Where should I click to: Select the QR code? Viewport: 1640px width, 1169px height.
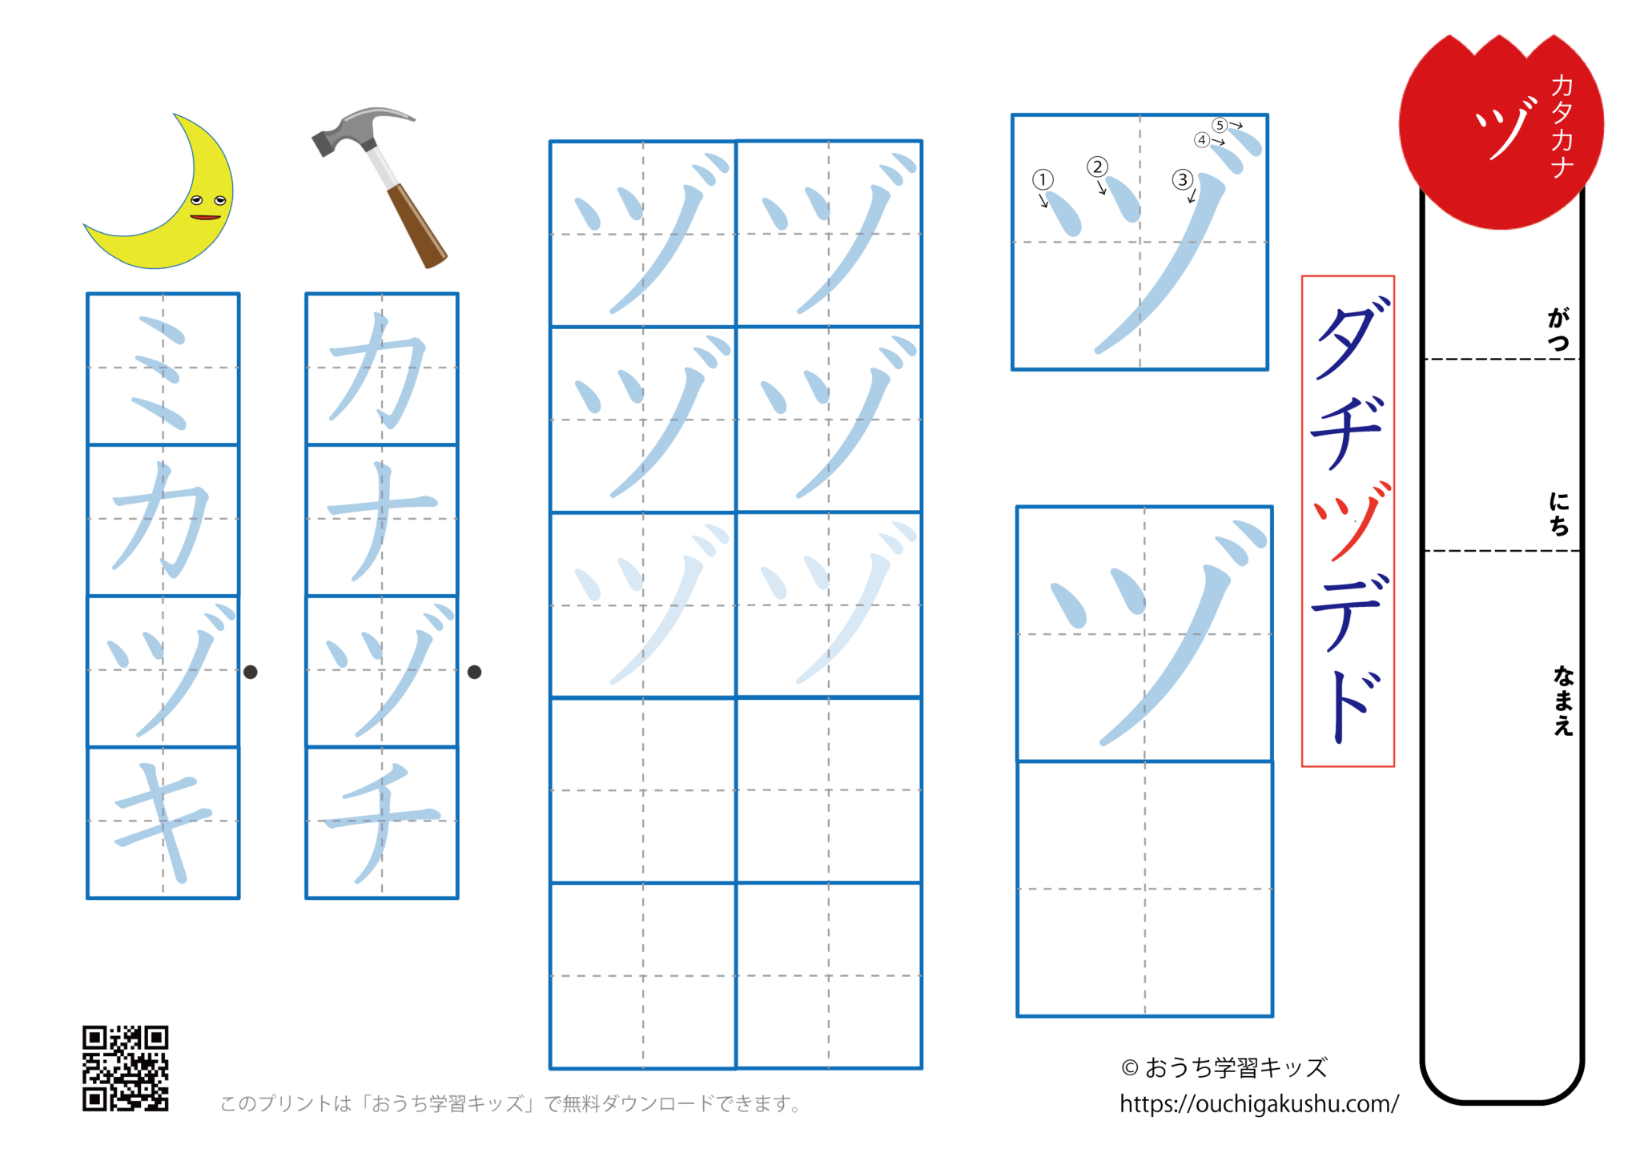[126, 1068]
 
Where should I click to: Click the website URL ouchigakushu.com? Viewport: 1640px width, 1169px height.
[1259, 1104]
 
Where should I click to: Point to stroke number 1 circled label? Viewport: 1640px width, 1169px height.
[1043, 179]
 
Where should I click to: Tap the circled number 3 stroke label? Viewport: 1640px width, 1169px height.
[1183, 179]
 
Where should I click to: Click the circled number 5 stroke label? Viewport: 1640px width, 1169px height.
[1220, 125]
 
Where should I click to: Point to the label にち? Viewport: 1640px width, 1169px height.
[1558, 514]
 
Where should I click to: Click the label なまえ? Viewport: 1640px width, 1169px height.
[1562, 701]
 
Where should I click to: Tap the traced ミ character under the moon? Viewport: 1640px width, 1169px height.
[163, 370]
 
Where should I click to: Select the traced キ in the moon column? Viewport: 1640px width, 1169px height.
[163, 822]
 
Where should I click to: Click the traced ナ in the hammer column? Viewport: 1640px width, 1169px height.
[382, 520]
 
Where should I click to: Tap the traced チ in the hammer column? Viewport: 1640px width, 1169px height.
[382, 822]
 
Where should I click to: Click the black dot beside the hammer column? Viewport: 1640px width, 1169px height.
[474, 672]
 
